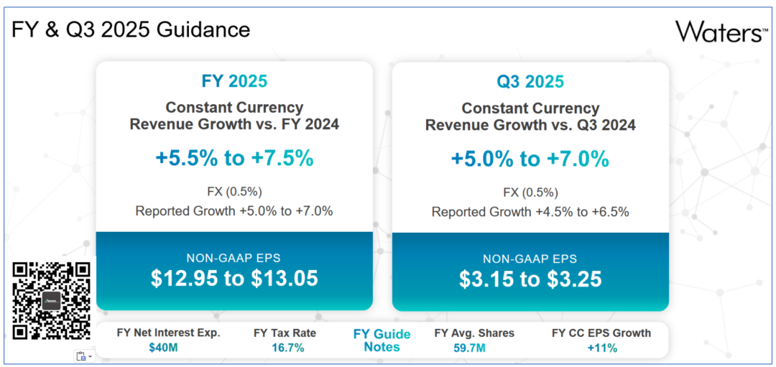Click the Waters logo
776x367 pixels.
[x=721, y=32]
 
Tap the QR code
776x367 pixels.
[x=52, y=300]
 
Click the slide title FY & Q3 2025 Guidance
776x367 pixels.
[x=131, y=29]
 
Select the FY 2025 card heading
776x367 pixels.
[x=234, y=81]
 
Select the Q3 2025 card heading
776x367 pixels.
[x=530, y=81]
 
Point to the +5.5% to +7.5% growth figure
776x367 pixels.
[x=234, y=158]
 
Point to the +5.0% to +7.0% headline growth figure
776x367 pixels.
[x=530, y=158]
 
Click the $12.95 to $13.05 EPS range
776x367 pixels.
[x=234, y=278]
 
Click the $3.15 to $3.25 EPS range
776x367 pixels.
[x=530, y=278]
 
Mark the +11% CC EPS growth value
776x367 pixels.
[x=601, y=348]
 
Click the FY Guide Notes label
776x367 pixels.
[x=382, y=340]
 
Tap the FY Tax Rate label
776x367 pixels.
[x=285, y=333]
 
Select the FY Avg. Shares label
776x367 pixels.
[x=474, y=333]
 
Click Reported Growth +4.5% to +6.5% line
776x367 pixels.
[x=530, y=212]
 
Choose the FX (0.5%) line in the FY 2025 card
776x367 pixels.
[x=234, y=192]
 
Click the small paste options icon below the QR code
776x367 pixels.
[x=83, y=356]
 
